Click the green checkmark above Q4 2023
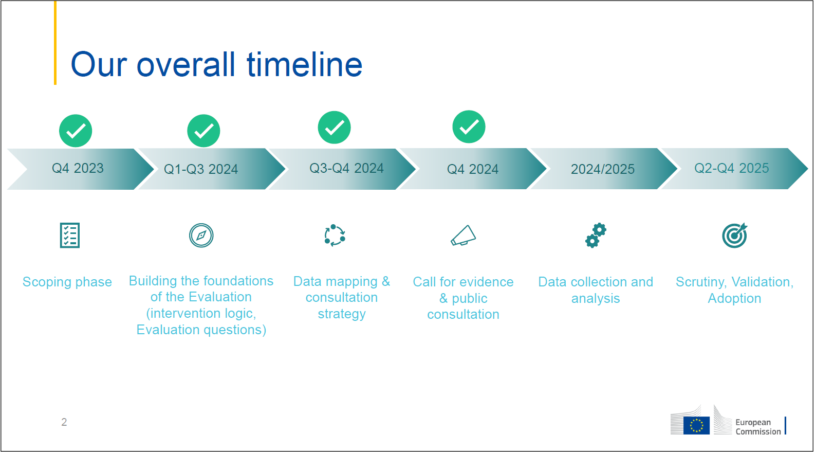coord(76,131)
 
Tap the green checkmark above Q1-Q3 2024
coord(203,131)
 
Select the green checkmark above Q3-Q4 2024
coord(335,128)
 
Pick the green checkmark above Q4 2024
coord(469,126)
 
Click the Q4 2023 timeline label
coord(78,168)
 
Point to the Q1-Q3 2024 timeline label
coord(201,169)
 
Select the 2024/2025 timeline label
coord(603,169)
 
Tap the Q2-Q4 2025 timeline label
coord(732,168)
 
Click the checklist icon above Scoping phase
coord(70,236)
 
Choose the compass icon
coord(201,236)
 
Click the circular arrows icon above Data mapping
coord(335,236)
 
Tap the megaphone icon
coord(463,236)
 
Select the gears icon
coord(596,236)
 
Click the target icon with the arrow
coord(735,236)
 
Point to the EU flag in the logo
coord(696,425)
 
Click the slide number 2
coord(64,422)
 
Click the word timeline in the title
coord(305,64)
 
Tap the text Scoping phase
coord(67,282)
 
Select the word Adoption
coord(735,298)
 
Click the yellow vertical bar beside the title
coord(55,43)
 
